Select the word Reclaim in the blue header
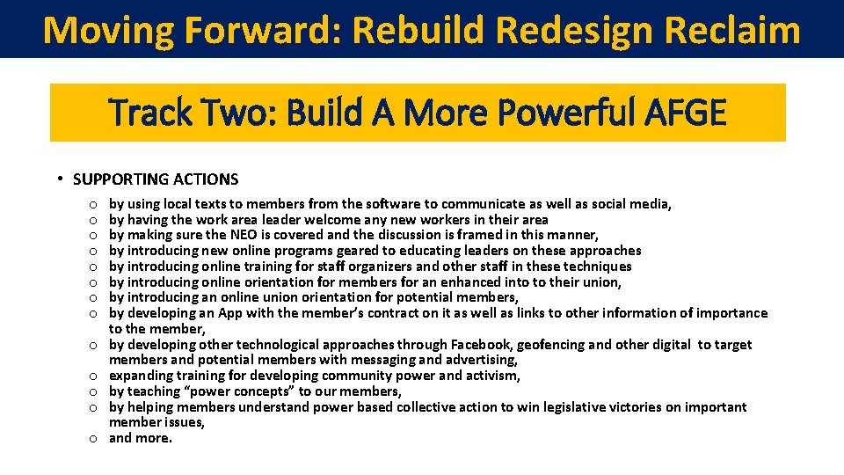point(733,29)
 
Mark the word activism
point(491,376)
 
